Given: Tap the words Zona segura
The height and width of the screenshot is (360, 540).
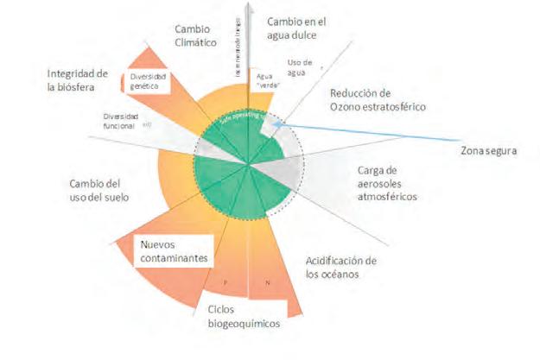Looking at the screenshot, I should (x=488, y=151).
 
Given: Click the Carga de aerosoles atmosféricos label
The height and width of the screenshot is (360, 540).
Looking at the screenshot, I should (x=387, y=183).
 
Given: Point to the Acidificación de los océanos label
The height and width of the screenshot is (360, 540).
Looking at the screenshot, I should (x=342, y=268).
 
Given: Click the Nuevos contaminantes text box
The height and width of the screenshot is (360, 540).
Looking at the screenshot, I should (x=177, y=250).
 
